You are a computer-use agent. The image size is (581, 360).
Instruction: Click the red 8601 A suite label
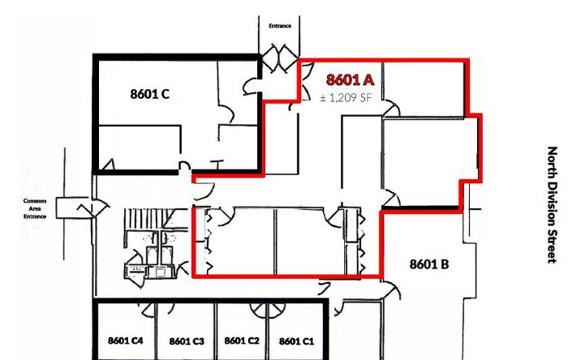click(350, 79)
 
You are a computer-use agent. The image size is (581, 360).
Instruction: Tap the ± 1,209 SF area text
click(346, 98)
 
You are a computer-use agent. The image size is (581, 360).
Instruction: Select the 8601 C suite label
click(149, 94)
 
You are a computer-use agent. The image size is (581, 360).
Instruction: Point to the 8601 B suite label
click(429, 264)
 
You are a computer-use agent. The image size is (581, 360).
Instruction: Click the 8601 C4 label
click(125, 341)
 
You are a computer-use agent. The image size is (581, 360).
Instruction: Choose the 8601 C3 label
click(187, 341)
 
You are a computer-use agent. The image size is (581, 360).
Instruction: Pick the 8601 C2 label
click(242, 341)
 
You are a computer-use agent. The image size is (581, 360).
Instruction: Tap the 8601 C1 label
click(296, 341)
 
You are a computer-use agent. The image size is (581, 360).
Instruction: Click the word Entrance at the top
click(280, 26)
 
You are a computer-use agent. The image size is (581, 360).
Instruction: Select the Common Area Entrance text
click(35, 208)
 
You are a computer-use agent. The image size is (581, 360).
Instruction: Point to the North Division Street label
click(552, 205)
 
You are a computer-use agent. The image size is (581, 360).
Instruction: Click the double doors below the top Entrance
click(280, 58)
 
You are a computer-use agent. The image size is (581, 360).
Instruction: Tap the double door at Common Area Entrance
click(93, 208)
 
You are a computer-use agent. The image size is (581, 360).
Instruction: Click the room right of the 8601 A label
click(423, 89)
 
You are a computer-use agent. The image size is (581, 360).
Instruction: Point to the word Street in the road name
click(552, 246)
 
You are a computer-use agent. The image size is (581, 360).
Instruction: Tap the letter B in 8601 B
click(445, 264)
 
